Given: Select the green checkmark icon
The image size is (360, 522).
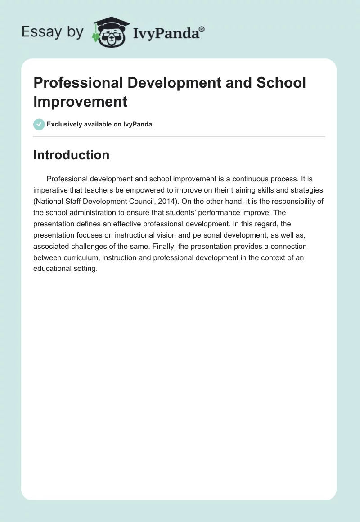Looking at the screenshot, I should click(x=39, y=124).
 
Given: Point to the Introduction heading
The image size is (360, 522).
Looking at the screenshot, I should click(x=71, y=155).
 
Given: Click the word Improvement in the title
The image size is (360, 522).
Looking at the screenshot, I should click(x=81, y=101).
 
